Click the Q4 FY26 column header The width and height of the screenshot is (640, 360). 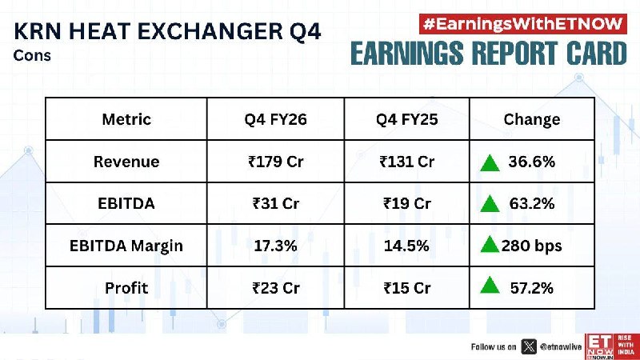coord(275,119)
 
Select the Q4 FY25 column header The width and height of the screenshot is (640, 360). coord(407,119)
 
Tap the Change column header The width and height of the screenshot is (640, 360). coord(532,119)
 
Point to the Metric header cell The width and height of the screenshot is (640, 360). coord(126,119)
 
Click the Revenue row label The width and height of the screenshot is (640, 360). coord(126,162)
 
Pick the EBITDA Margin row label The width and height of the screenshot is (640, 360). coord(126,246)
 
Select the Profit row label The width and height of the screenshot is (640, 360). coord(126,288)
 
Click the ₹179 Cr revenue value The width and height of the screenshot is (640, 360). coord(276,162)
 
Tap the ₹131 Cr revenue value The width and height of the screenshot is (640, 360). coord(407,162)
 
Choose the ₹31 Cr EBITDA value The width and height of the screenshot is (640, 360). coord(276,203)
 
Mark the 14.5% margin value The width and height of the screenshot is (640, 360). coord(406,246)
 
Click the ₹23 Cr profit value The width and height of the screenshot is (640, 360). coord(276,288)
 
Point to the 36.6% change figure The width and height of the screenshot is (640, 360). coord(532,162)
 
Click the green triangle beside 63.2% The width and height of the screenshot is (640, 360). coord(490,204)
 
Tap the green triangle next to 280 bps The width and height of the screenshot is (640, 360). coord(490,246)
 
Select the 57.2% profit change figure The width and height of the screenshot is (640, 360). coord(532,288)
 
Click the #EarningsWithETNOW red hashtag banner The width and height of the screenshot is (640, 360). coord(523,24)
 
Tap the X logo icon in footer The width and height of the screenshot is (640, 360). coord(529,347)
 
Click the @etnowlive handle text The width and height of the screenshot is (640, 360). coord(561,347)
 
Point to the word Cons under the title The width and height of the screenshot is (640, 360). coord(32,55)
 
